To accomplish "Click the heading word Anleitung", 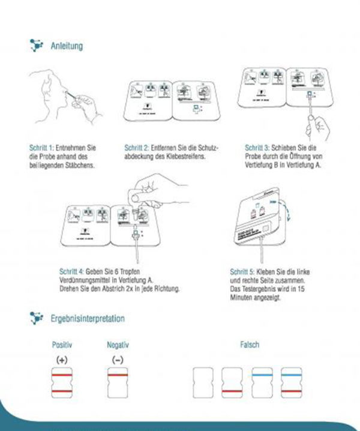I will (x=67, y=46).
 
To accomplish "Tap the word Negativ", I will (x=118, y=345).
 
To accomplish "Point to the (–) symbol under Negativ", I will (x=118, y=359).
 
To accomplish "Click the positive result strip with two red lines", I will (x=61, y=383).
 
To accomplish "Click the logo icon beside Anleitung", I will (x=36, y=45).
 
